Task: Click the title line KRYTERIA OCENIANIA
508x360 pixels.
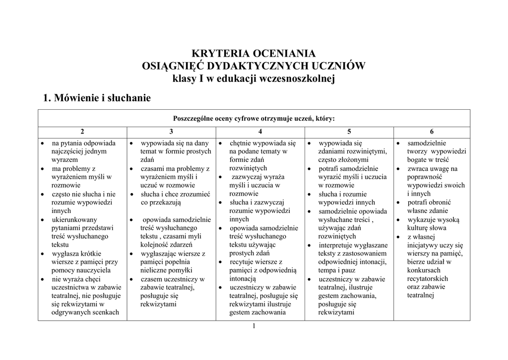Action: (x=254, y=53)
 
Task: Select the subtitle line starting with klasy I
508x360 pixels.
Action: (x=254, y=79)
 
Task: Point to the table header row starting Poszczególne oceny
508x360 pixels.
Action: (x=254, y=118)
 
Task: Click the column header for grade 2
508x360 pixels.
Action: (x=82, y=132)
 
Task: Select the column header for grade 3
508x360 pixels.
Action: (x=171, y=132)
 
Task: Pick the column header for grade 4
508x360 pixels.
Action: (x=260, y=132)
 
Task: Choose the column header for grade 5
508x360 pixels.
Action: (x=349, y=132)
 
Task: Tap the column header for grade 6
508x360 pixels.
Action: (x=432, y=132)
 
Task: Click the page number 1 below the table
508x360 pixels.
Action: (x=254, y=326)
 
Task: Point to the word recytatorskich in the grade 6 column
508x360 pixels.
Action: (x=428, y=279)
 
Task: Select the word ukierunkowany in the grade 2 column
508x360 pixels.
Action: (x=74, y=219)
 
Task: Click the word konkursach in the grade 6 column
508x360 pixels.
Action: (x=424, y=270)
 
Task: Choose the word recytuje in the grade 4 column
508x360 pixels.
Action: (x=242, y=262)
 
